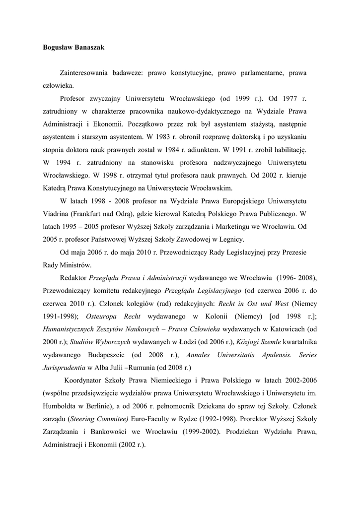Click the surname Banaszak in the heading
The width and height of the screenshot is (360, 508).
(x=89, y=47)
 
